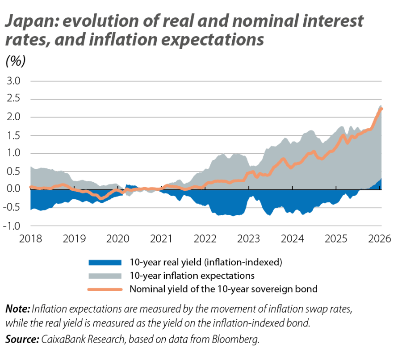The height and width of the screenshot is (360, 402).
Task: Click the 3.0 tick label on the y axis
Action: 14,81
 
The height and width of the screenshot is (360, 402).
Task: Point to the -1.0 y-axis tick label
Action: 13,226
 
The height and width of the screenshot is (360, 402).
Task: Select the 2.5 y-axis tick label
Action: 14,99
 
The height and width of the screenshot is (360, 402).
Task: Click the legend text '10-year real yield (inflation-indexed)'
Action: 206,262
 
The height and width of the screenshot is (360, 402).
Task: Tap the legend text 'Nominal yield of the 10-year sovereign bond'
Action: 223,289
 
